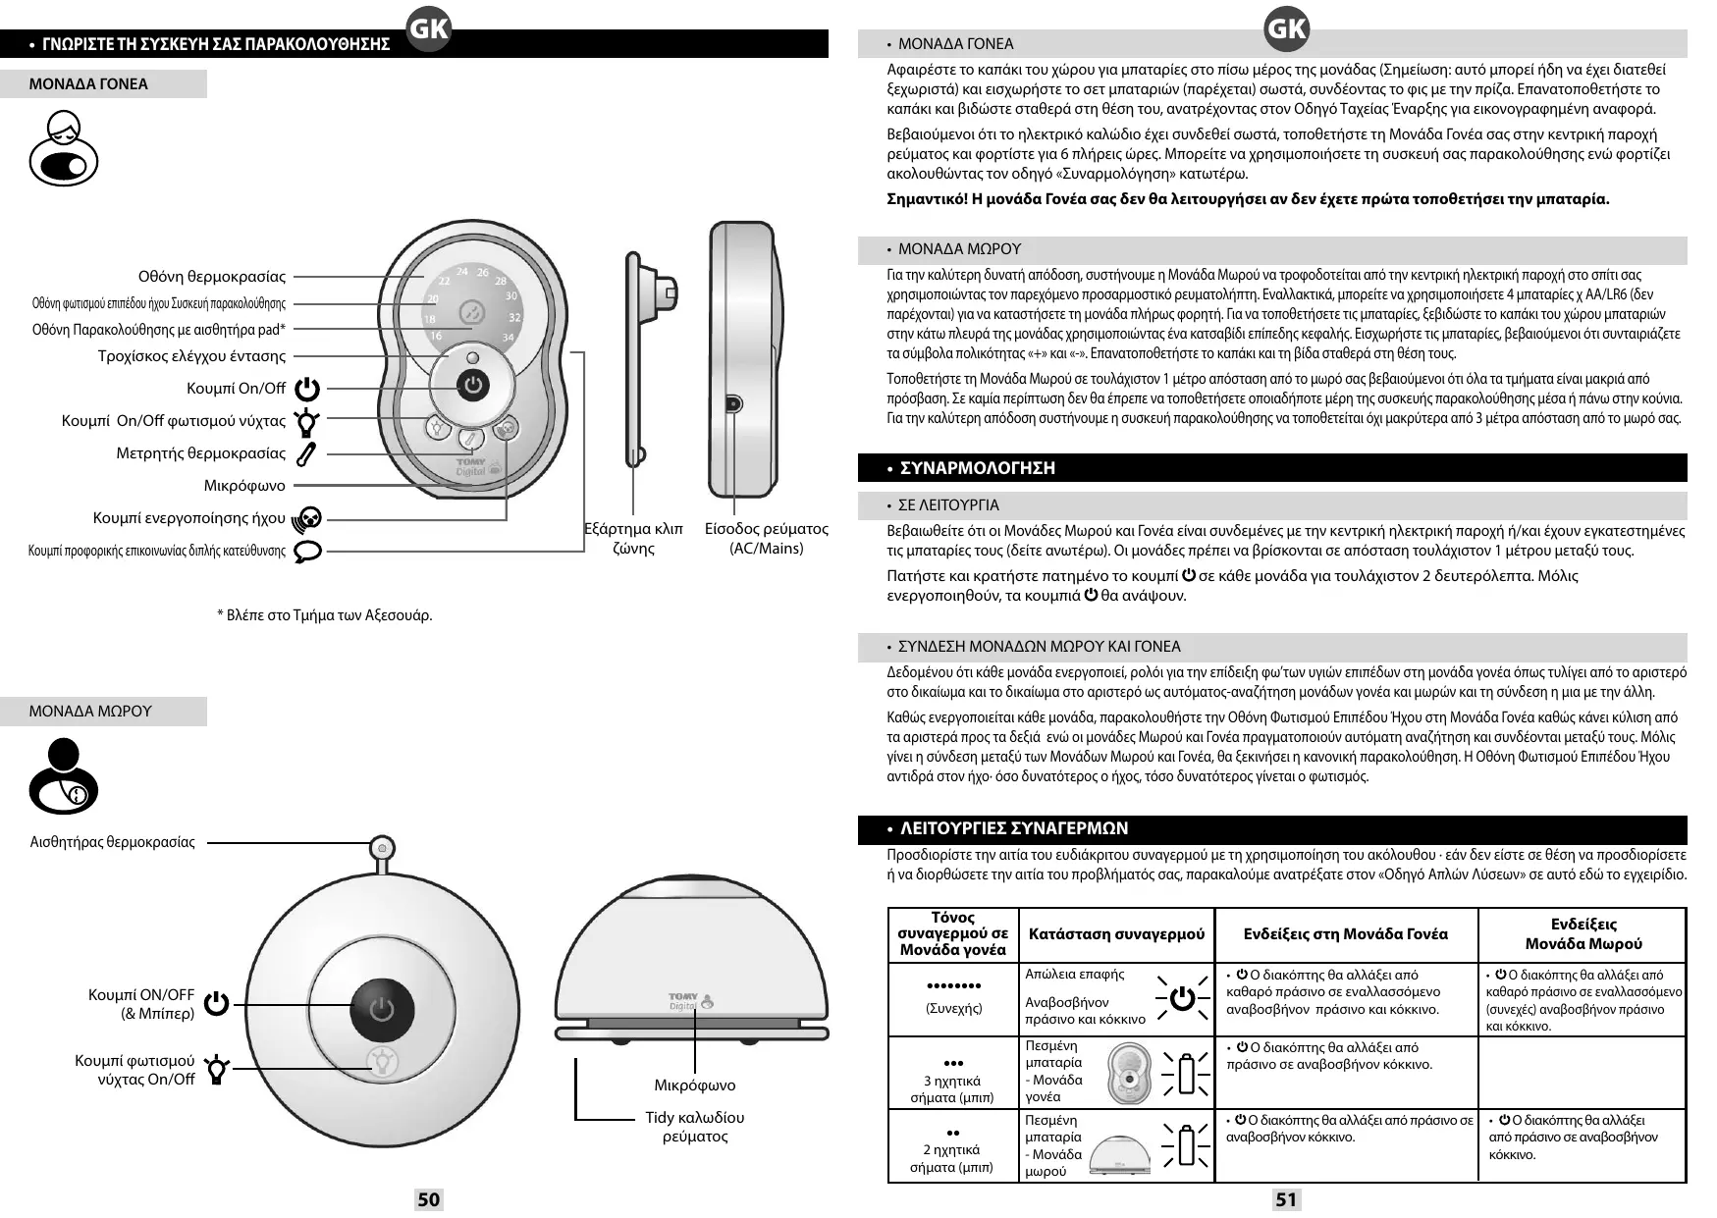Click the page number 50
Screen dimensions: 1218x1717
[429, 1198]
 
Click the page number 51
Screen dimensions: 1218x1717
[1286, 1198]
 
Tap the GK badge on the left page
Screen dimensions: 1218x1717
[428, 29]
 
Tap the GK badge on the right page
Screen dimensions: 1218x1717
[1286, 29]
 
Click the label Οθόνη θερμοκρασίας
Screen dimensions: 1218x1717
[212, 277]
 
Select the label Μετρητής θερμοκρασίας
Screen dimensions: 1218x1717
[201, 453]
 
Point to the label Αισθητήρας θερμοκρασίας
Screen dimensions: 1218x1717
[113, 842]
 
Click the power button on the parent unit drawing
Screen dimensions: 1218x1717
[474, 386]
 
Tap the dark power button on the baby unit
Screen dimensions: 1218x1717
[381, 1010]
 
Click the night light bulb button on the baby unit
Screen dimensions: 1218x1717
[381, 1060]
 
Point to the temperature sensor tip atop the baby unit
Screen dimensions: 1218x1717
[381, 848]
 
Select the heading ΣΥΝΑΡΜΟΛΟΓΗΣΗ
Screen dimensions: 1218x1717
[978, 468]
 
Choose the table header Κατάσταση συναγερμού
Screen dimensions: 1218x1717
[1116, 934]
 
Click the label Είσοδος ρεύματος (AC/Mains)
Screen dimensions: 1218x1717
[766, 539]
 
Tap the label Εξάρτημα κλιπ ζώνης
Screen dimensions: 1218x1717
[633, 539]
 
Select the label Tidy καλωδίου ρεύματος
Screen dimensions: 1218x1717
[694, 1127]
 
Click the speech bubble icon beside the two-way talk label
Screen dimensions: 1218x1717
[308, 551]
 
